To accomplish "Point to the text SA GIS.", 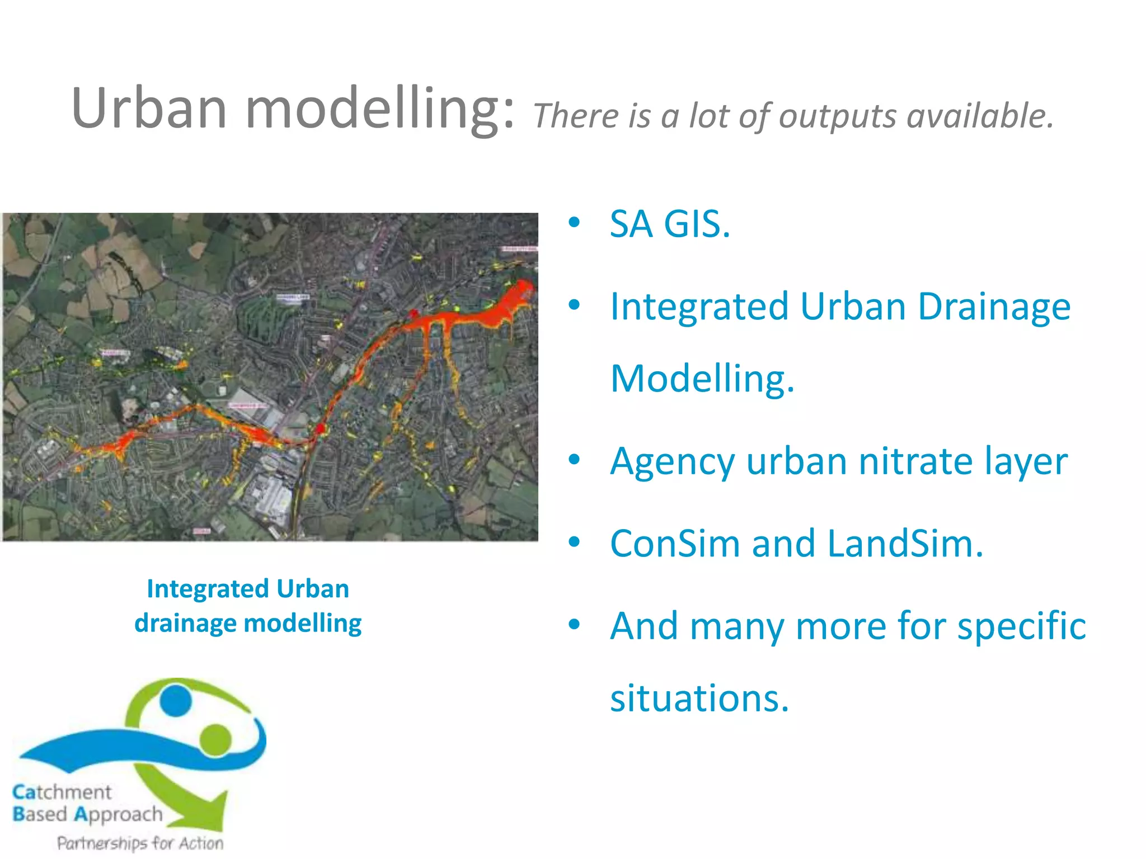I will click(x=670, y=224).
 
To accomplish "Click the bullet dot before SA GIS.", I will click(x=574, y=223).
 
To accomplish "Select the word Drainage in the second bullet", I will click(x=994, y=306).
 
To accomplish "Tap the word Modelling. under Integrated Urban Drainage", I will click(x=702, y=379).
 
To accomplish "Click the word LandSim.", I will click(x=905, y=544).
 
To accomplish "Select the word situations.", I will click(x=699, y=698).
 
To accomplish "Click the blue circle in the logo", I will click(x=175, y=699).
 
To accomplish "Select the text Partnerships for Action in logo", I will click(x=140, y=843).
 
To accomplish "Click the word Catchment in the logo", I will click(x=62, y=792).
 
